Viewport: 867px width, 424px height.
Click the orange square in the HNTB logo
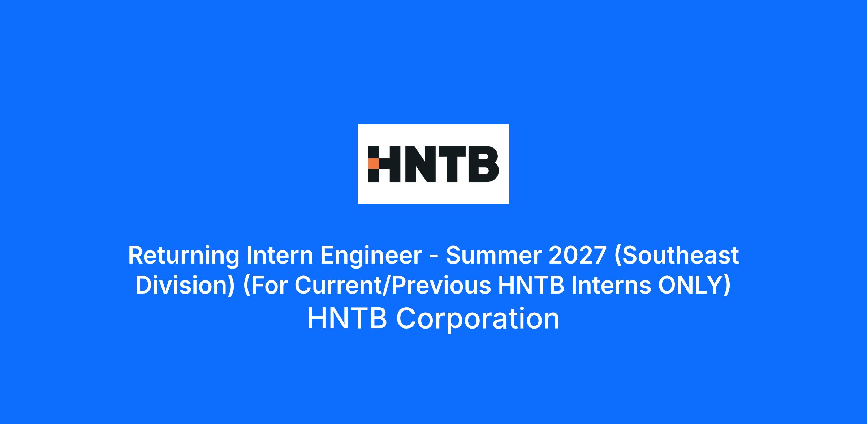(x=374, y=164)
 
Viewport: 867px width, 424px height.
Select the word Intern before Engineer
(x=280, y=255)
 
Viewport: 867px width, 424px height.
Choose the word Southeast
(x=676, y=255)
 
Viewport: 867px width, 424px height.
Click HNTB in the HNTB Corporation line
(x=347, y=318)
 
